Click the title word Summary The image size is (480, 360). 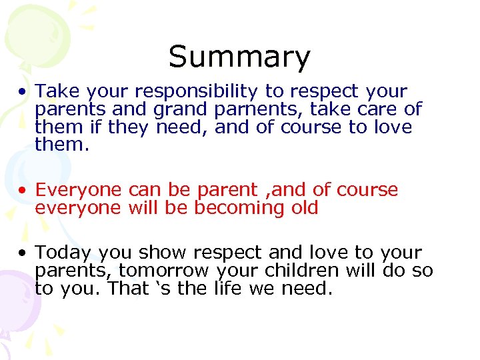coord(239,57)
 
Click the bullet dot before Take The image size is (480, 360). coord(23,91)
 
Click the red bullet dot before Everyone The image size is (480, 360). coord(23,191)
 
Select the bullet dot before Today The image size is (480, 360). coord(23,253)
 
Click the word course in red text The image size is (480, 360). coord(367,191)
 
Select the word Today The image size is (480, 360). coord(65,253)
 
